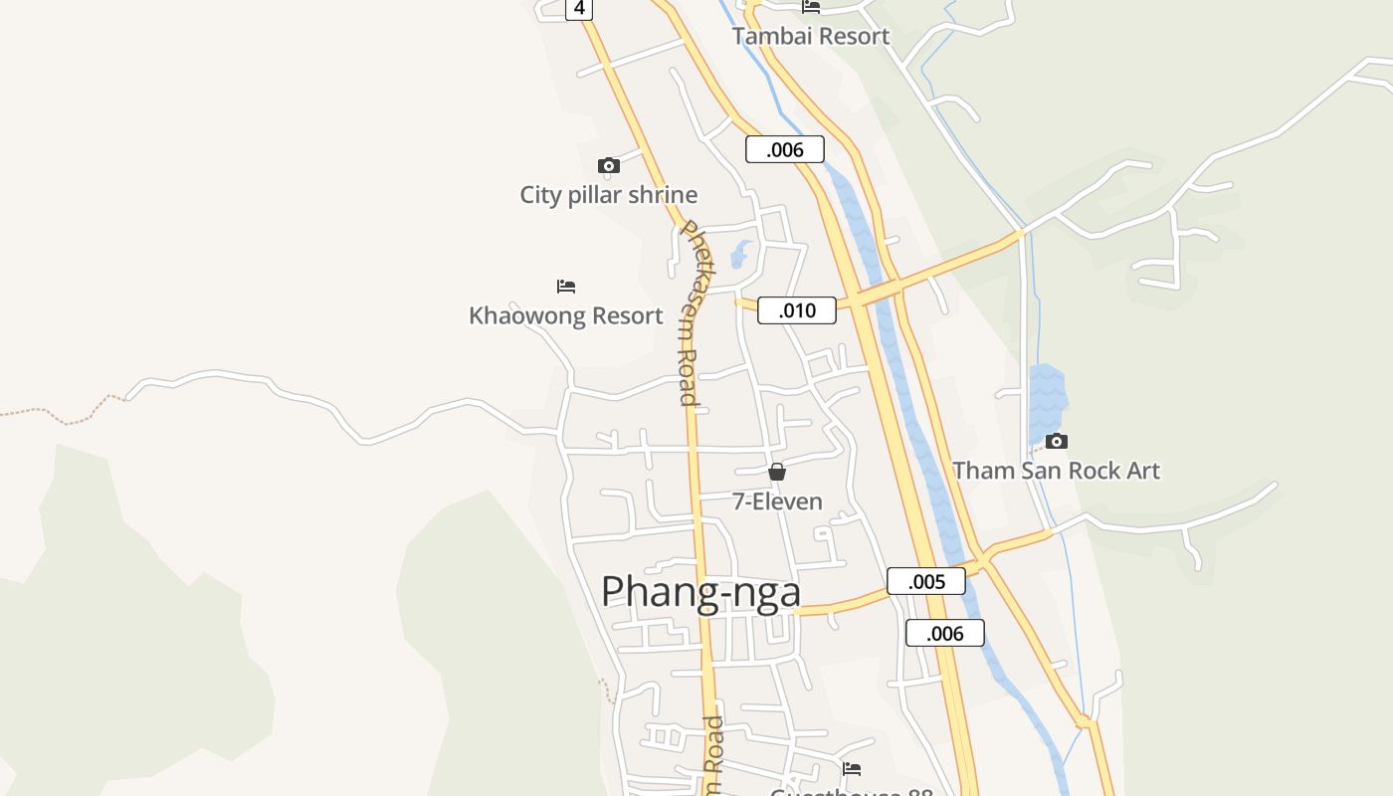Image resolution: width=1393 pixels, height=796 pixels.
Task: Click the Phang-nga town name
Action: pyautogui.click(x=700, y=591)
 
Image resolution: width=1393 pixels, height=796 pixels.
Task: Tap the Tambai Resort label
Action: pyautogui.click(x=810, y=37)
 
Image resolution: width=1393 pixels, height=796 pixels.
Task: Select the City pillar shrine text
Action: pyautogui.click(x=608, y=195)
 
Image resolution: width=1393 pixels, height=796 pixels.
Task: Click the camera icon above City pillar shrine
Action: pyautogui.click(x=608, y=165)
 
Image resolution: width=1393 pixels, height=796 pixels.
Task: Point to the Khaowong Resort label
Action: pyautogui.click(x=565, y=316)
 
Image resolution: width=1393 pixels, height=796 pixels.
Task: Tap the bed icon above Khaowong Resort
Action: pyautogui.click(x=566, y=287)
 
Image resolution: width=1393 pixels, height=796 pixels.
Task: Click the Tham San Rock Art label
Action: pyautogui.click(x=1056, y=471)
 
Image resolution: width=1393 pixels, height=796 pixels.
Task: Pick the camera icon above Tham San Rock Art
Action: pyautogui.click(x=1056, y=441)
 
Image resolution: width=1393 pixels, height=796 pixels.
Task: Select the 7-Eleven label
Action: pyautogui.click(x=777, y=501)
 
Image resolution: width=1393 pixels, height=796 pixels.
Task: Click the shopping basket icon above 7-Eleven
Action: pyautogui.click(x=777, y=472)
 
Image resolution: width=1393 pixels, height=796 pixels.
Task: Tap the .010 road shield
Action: pyautogui.click(x=796, y=310)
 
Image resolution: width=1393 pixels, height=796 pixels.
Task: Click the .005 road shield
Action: pyautogui.click(x=925, y=581)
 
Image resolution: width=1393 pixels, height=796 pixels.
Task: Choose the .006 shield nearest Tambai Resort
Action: pyautogui.click(x=784, y=149)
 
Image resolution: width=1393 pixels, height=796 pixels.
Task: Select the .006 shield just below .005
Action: pyautogui.click(x=944, y=633)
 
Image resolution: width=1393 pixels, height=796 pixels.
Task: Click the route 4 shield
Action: pyautogui.click(x=578, y=9)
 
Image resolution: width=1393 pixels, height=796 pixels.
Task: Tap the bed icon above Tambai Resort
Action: pyautogui.click(x=811, y=7)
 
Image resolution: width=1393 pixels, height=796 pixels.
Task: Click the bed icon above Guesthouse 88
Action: pyautogui.click(x=851, y=769)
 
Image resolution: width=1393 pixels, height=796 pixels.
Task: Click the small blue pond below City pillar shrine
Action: pyautogui.click(x=739, y=255)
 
